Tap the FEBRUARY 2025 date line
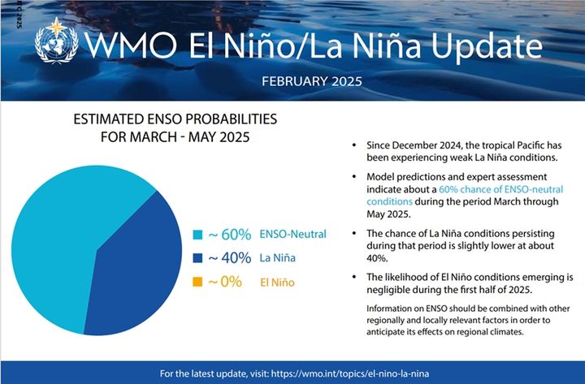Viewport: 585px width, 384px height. pos(312,82)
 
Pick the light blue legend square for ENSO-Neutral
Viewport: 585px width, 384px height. pos(196,235)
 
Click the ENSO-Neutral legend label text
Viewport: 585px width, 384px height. pos(293,235)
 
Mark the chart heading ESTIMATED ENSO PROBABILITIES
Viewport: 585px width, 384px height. pos(175,119)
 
